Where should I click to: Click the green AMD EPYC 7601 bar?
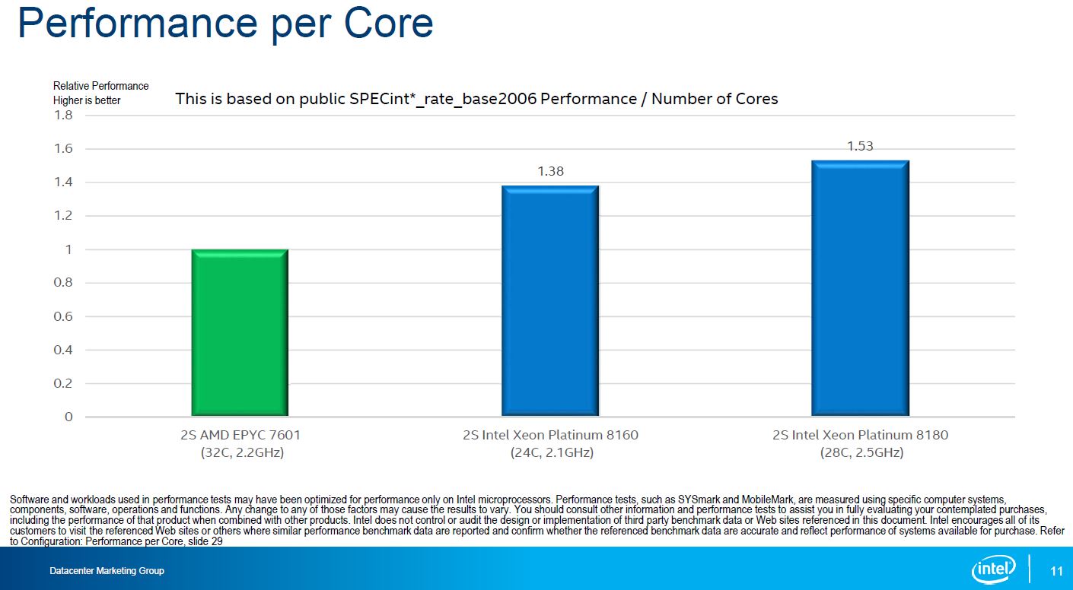[x=240, y=333]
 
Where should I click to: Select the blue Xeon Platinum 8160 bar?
[x=550, y=301]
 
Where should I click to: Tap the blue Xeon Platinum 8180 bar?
[x=860, y=288]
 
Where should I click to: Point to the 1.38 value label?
[x=550, y=172]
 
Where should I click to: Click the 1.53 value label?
[x=860, y=147]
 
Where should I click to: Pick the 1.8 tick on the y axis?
[x=63, y=116]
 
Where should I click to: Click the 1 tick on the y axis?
[x=68, y=249]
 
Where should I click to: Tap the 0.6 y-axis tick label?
[x=63, y=316]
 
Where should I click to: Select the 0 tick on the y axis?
[x=68, y=417]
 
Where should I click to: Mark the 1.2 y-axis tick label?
[x=63, y=216]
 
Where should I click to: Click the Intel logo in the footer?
[x=994, y=569]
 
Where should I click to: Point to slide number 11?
[x=1055, y=571]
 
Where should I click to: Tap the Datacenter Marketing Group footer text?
[x=107, y=571]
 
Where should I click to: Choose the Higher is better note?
[x=87, y=100]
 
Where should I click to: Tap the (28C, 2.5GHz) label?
[x=860, y=452]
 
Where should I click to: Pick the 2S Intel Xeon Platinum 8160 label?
[x=550, y=436]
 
